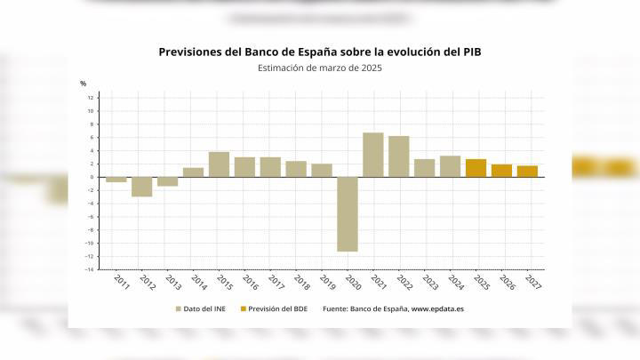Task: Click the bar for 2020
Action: point(348,213)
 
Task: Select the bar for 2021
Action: point(373,155)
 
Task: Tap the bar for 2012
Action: point(142,186)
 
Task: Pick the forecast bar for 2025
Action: point(476,168)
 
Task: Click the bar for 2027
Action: point(527,171)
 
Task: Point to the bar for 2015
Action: point(219,164)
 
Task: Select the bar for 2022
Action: point(399,156)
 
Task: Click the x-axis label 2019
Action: point(327,283)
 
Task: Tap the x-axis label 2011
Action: point(122,283)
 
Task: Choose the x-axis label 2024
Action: point(456,283)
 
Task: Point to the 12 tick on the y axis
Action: point(90,98)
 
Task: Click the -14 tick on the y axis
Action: point(89,268)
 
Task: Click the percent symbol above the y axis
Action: point(84,84)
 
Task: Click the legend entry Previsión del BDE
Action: point(275,309)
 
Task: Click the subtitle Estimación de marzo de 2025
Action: point(320,68)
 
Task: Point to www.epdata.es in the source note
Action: point(436,309)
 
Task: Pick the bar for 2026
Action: point(501,170)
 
